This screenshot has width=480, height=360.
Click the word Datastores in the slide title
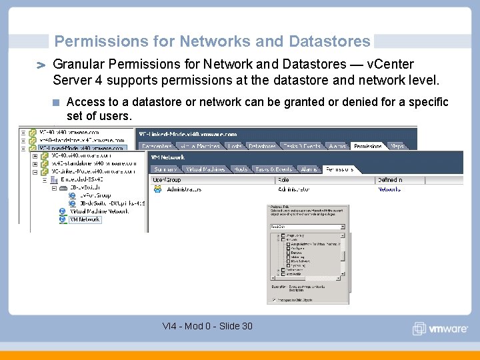coord(329,41)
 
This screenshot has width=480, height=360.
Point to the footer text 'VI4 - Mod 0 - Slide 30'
coord(207,326)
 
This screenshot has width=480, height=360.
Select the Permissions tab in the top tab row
coord(368,146)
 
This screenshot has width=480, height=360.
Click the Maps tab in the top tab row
coord(398,146)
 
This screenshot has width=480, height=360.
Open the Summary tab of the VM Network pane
coord(166,169)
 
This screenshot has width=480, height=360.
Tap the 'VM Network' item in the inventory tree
coord(85,219)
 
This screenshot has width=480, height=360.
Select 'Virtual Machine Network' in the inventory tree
coord(99,211)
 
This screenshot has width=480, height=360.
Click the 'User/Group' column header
coord(167,180)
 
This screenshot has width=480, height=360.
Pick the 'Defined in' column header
coord(390,180)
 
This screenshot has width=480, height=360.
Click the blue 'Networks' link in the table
coord(389,189)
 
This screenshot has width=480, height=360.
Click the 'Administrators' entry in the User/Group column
coord(184,189)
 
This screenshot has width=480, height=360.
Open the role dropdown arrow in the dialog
coord(343,227)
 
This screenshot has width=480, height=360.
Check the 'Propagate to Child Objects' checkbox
coord(273,300)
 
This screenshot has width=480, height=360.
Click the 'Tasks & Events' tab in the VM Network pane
coord(273,169)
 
